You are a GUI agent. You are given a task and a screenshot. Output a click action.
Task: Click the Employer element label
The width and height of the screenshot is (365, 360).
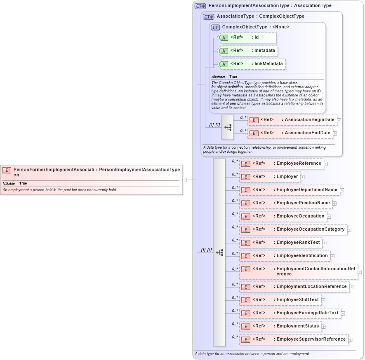tap(287, 177)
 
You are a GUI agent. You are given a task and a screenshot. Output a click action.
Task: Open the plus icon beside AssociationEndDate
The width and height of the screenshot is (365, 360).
tap(335, 133)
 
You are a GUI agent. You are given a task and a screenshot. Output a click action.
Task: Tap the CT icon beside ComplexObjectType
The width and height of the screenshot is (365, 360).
tap(215, 27)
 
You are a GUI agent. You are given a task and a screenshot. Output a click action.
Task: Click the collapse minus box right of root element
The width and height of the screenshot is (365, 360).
tap(184, 180)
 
